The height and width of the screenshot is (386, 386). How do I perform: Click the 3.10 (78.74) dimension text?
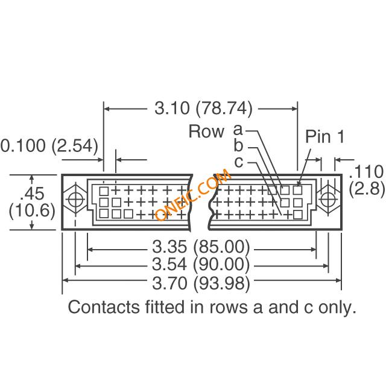[203, 108]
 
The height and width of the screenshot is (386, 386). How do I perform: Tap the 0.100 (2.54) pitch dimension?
[49, 145]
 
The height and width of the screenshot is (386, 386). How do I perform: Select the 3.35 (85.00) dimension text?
[201, 247]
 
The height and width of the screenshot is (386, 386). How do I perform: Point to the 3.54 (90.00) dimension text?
[201, 264]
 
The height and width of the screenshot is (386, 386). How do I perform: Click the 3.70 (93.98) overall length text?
[201, 283]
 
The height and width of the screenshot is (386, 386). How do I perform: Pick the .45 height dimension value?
[33, 193]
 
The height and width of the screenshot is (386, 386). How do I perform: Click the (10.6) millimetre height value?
[32, 210]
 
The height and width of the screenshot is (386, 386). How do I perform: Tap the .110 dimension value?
[366, 171]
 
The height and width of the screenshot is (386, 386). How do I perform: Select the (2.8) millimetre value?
[367, 189]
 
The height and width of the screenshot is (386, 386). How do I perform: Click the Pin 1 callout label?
[324, 136]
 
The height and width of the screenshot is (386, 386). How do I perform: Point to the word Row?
[206, 131]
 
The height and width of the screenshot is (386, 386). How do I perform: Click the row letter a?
[238, 130]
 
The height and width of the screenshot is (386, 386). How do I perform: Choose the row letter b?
[238, 145]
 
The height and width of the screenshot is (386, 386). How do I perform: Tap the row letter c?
[239, 162]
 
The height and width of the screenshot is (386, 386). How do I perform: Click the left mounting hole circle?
[75, 199]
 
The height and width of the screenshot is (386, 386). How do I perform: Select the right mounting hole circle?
[328, 199]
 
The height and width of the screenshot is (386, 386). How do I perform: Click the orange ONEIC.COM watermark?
[193, 194]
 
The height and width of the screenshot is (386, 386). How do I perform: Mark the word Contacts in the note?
[104, 307]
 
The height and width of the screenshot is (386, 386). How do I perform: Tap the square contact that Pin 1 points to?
[297, 190]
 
